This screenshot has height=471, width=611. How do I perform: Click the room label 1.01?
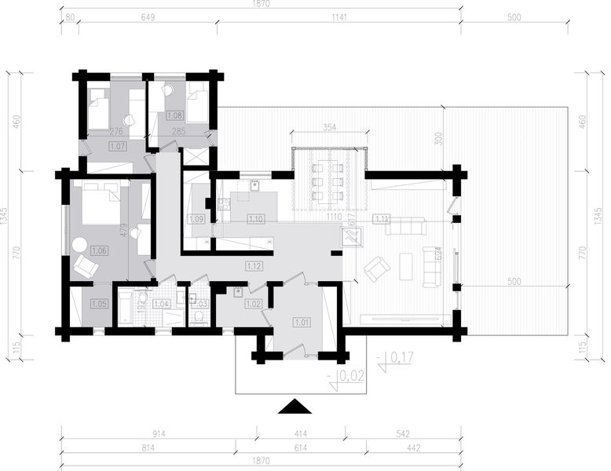coord(302,321)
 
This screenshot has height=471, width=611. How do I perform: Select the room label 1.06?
coord(99,251)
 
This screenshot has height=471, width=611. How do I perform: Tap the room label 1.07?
coord(118,146)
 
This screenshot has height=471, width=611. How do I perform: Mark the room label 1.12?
coord(254,265)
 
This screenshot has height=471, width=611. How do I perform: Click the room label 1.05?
coord(99,303)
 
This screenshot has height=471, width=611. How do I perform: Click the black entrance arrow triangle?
coord(296,406)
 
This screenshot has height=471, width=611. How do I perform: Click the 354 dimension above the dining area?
coord(329,127)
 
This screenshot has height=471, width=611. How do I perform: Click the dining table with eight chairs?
coord(328,177)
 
